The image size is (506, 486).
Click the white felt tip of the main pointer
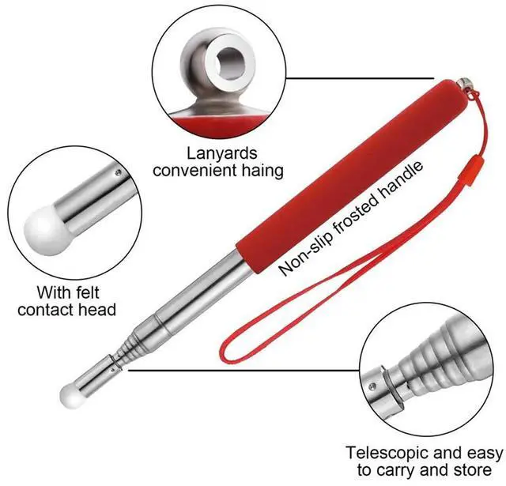[69, 394]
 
